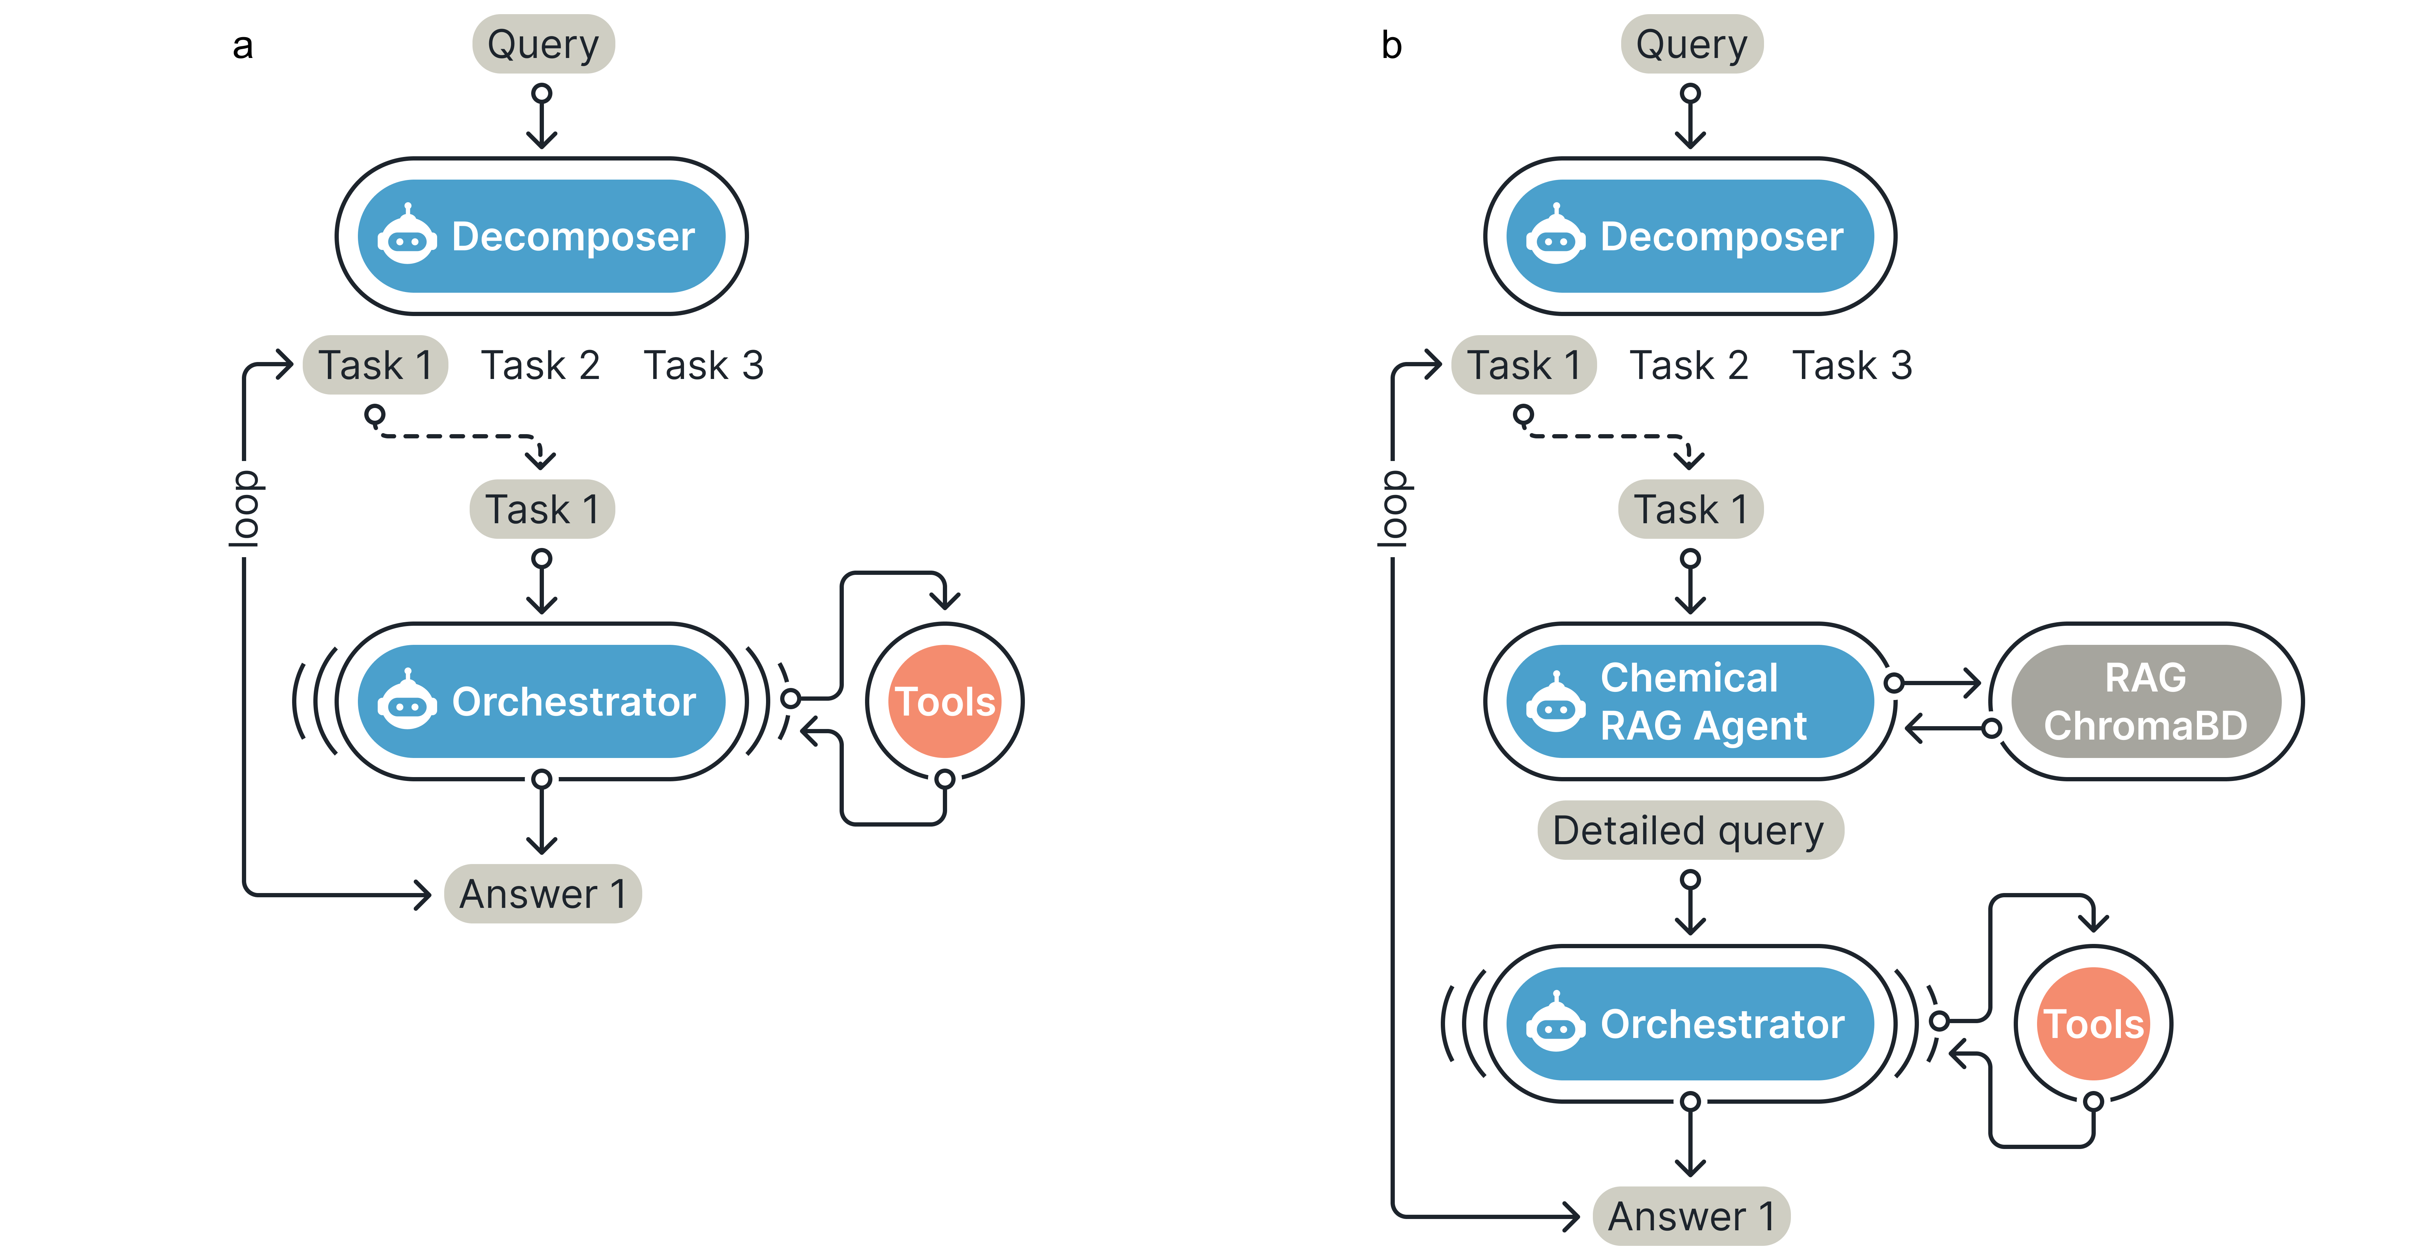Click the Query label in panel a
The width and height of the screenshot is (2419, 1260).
point(543,44)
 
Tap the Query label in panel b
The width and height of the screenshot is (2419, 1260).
point(1691,44)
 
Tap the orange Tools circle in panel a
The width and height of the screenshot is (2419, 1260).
point(945,701)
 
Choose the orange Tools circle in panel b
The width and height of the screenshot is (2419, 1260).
point(2093,1023)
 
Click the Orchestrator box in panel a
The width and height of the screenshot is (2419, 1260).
point(542,701)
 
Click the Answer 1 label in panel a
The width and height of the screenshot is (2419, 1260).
point(543,894)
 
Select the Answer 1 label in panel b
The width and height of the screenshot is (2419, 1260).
point(1691,1216)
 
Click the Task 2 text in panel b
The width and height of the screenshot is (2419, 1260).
point(1688,365)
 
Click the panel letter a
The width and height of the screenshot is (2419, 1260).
point(242,45)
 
